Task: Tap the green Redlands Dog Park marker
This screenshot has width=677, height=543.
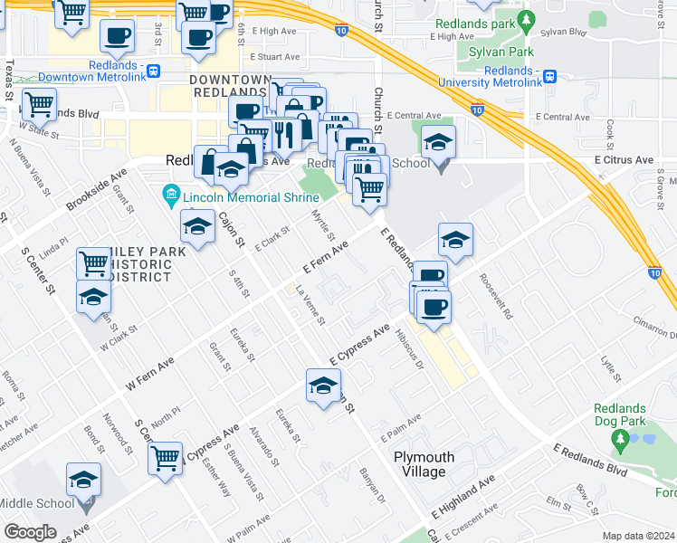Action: (620, 442)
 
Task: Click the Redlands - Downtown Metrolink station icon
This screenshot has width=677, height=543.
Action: (155, 71)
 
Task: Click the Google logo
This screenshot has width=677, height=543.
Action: (30, 532)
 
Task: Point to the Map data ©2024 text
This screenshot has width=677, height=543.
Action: (638, 536)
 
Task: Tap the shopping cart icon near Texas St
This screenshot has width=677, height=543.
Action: (39, 105)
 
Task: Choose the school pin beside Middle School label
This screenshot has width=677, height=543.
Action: (83, 480)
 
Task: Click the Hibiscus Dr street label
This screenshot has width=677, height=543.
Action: (409, 348)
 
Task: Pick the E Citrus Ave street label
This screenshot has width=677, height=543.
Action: (624, 159)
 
